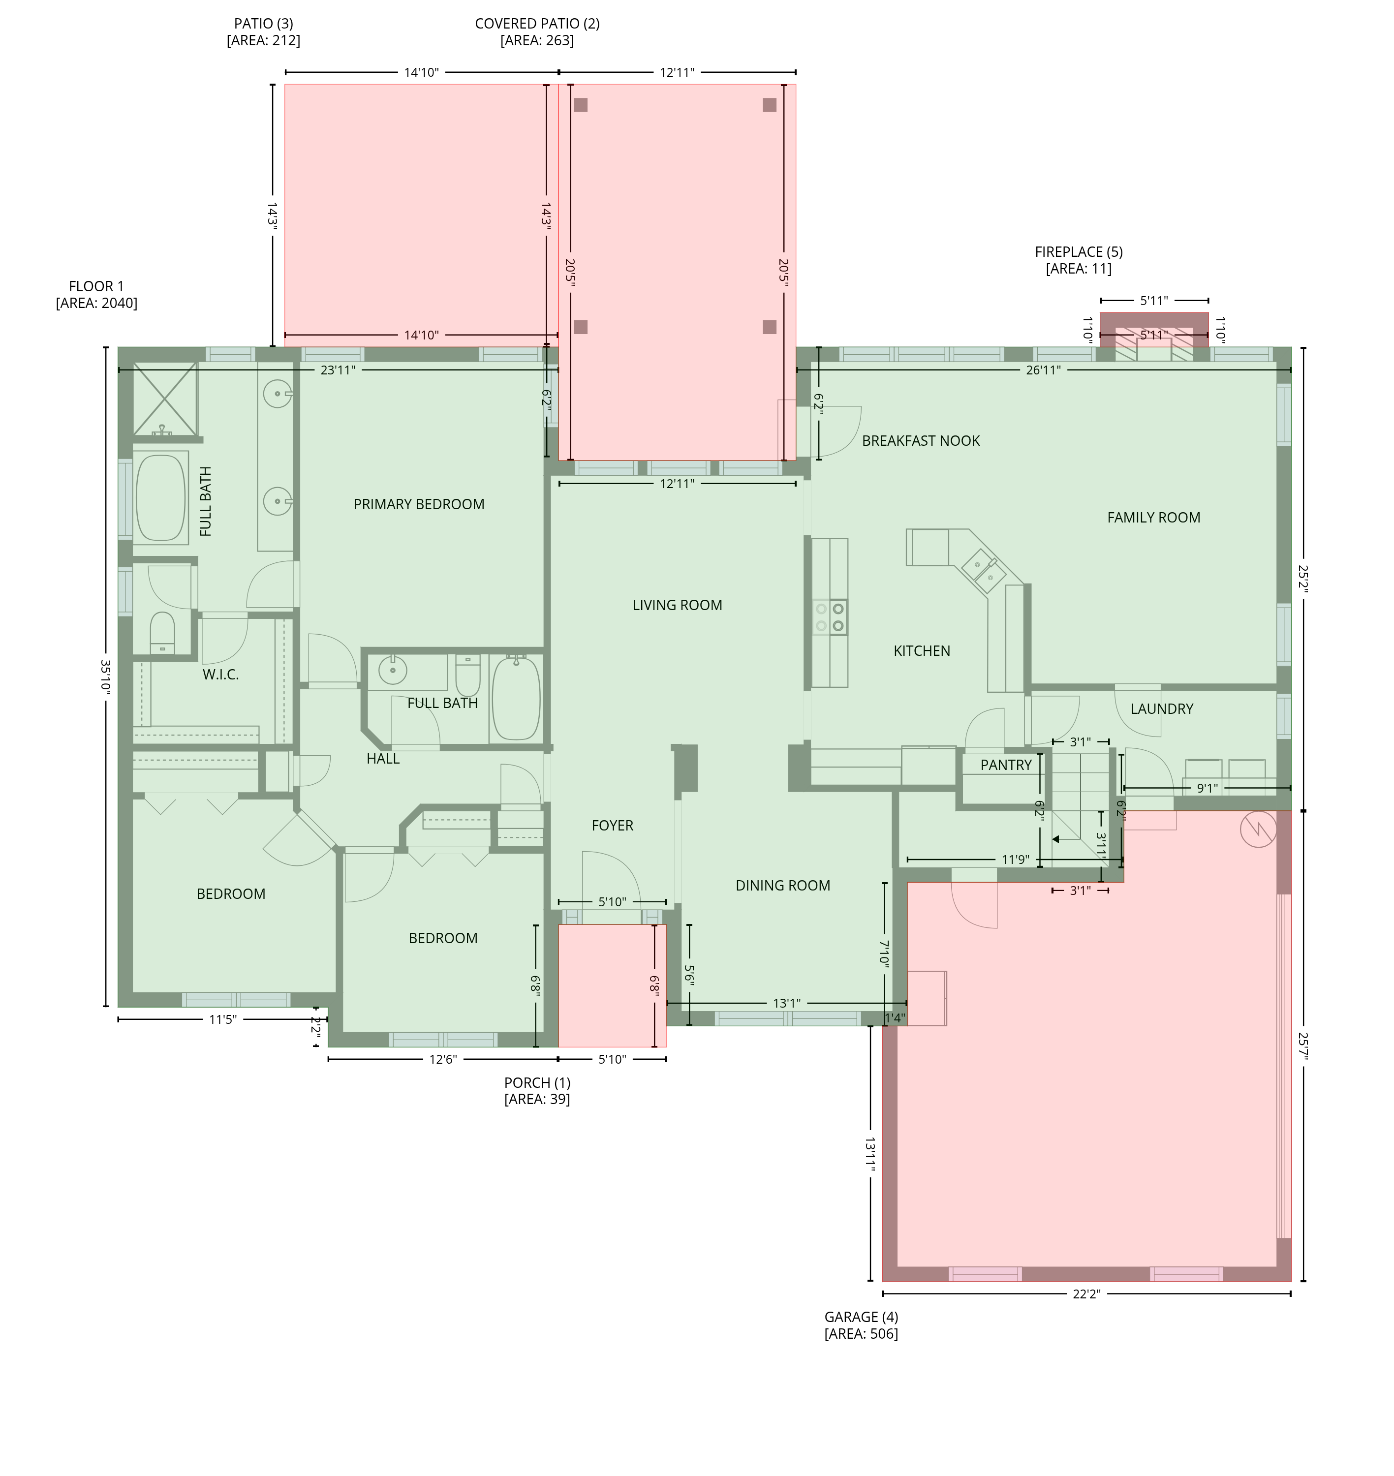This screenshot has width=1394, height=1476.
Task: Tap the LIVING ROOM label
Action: coord(677,605)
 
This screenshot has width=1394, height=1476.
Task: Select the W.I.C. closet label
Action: coord(221,675)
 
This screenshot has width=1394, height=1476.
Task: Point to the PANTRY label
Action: coord(1006,765)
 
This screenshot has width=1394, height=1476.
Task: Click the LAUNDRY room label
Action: coord(1161,709)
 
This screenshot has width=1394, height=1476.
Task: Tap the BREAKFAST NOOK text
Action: coord(921,441)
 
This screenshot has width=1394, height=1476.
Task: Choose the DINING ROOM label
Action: coord(782,886)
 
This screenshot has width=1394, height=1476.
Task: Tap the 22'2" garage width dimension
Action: coord(1086,1294)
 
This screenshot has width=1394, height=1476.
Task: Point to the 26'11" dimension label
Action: coord(1043,370)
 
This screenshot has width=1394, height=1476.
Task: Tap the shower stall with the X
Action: coord(165,400)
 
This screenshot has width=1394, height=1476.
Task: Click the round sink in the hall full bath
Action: coord(392,670)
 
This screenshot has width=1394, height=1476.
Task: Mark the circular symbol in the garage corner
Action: coord(1258,829)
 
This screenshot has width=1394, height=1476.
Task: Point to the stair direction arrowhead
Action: coord(1056,839)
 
